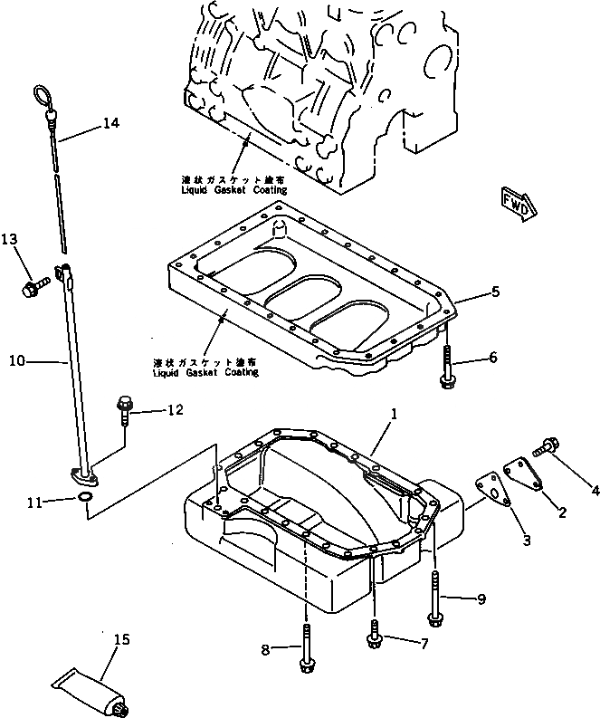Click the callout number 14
(111, 123)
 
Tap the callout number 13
(9, 239)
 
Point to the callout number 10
(16, 360)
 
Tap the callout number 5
(495, 292)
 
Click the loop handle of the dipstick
(42, 94)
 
